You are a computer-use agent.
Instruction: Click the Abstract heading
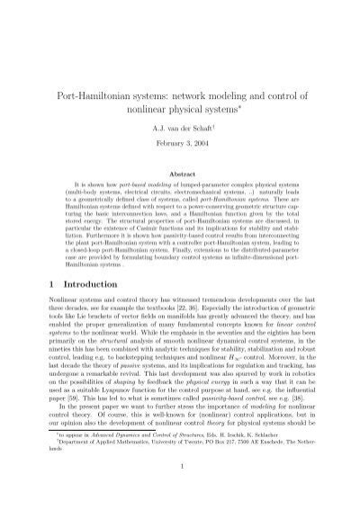point(180,172)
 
